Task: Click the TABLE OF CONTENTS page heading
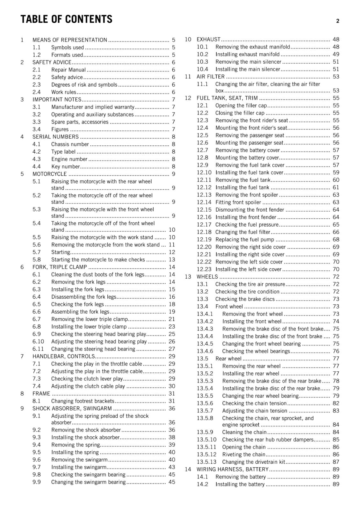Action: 66,19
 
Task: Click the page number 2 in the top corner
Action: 337,21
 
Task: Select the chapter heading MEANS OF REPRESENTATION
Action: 70,40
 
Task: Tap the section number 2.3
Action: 37,84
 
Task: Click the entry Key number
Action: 65,166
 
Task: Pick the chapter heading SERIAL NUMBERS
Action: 55,137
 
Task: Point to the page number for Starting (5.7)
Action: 172,252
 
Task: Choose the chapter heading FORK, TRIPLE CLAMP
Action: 60,267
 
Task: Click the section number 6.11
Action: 38,349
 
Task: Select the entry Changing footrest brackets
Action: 83,401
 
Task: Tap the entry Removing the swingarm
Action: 79,460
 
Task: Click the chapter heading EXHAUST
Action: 208,40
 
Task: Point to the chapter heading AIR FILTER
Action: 211,76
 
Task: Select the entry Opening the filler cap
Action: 241,106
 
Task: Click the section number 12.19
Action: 204,239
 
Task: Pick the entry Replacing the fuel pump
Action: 245,239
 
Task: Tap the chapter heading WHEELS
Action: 207,277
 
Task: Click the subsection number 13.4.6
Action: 205,351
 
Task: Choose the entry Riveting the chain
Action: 244,455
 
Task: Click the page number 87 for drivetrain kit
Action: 336,462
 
